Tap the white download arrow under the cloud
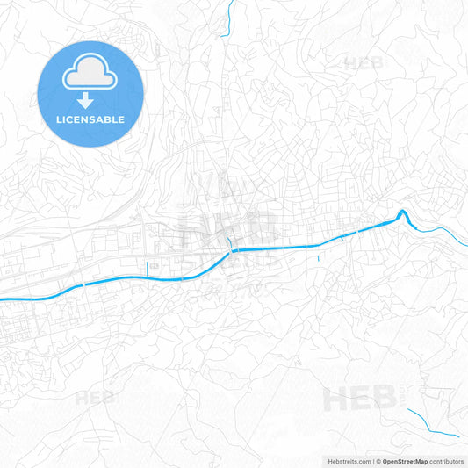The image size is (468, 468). (90, 100)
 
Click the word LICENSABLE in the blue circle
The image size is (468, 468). (90, 119)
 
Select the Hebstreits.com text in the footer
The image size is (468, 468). (347, 460)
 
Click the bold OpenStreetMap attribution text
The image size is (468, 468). (405, 460)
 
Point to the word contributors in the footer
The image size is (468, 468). (447, 460)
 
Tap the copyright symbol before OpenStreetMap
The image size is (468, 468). (378, 460)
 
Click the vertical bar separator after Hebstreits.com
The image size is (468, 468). (372, 460)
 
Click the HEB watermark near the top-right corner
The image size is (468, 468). (364, 63)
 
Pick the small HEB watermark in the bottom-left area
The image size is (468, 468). (94, 398)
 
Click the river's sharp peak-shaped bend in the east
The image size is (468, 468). (402, 212)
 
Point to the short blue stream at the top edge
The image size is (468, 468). (230, 18)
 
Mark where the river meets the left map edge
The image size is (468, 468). (3, 299)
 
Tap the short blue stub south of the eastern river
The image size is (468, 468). (316, 256)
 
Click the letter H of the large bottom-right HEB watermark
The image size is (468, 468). (336, 400)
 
